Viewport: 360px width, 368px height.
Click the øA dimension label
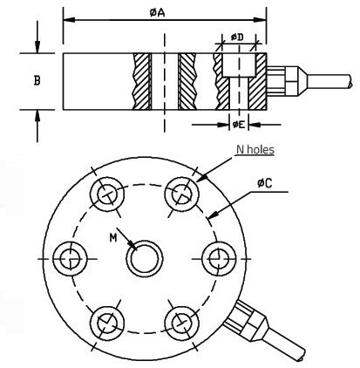pos(158,12)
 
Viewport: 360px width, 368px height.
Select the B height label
pos(37,80)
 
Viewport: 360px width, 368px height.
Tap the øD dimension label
pos(237,37)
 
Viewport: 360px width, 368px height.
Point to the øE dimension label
pos(238,125)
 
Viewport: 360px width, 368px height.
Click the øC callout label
pos(264,183)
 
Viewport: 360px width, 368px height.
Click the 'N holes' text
pos(255,149)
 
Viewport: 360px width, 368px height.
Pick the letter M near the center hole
pos(113,238)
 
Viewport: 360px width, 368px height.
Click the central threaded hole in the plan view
pos(145,258)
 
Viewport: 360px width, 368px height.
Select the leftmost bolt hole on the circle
pos(70,258)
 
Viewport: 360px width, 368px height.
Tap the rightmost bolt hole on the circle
pos(219,258)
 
